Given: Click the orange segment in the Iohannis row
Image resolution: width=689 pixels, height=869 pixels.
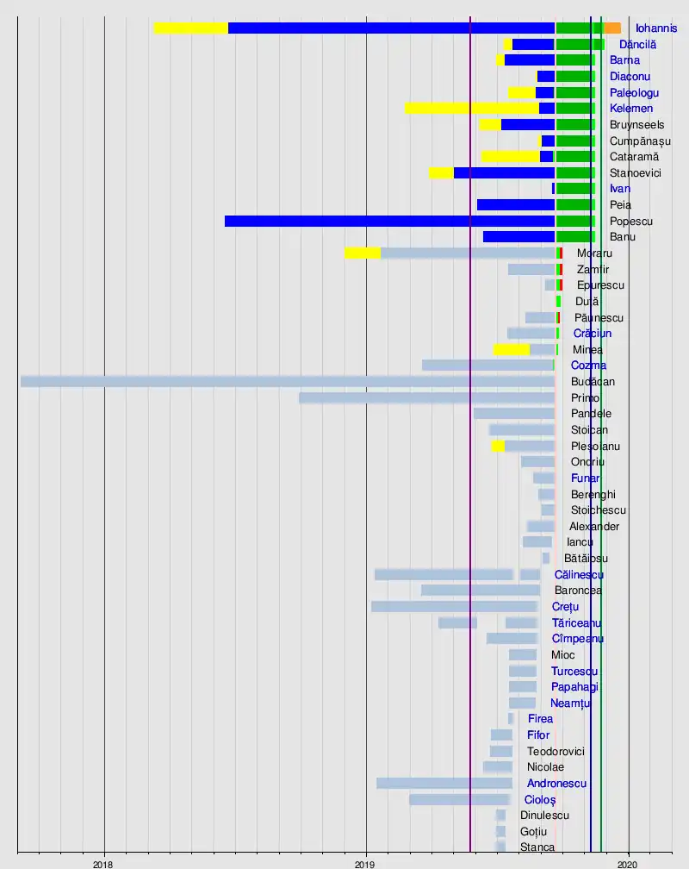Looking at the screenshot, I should [612, 28].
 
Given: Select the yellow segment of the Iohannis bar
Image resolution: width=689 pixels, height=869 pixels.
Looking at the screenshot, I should [190, 28].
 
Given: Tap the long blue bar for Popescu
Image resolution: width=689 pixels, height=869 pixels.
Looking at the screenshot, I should [389, 222].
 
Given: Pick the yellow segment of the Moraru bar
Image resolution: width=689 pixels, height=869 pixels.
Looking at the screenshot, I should [362, 253].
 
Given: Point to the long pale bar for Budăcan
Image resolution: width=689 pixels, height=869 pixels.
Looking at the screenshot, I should [287, 381].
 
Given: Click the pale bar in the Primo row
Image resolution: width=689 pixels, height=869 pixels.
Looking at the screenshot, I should [426, 397].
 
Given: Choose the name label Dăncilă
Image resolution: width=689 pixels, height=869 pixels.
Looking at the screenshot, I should [638, 44].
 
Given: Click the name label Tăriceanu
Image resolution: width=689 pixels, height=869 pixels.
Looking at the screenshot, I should [576, 623].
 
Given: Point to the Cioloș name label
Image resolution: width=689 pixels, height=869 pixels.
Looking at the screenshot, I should [540, 800].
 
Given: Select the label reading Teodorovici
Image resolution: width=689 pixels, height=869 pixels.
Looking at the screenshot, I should [556, 752].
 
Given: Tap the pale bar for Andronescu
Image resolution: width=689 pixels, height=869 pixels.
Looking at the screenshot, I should [444, 783].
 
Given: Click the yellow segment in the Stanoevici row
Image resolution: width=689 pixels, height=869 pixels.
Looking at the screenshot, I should [441, 172].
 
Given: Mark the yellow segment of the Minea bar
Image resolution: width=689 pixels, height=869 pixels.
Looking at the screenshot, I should [511, 349].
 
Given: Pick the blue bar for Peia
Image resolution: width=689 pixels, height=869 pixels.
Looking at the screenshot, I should [515, 205].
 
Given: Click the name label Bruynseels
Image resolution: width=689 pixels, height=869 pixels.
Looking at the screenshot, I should [636, 125].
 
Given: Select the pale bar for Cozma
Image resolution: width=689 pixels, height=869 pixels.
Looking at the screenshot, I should [487, 366].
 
